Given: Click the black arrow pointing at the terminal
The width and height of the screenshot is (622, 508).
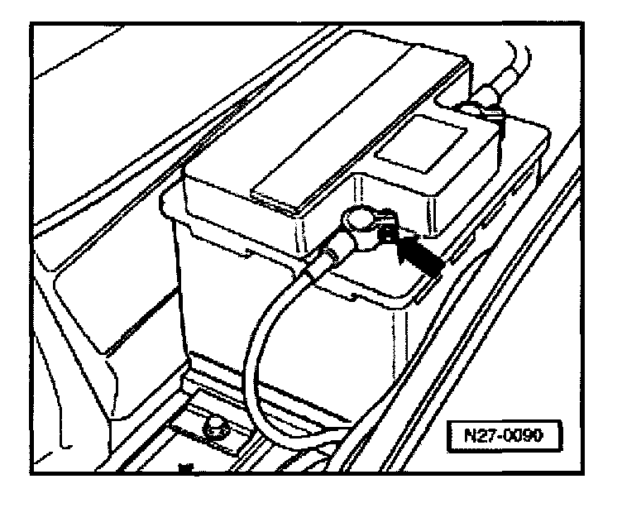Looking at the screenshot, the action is pyautogui.click(x=419, y=252).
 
